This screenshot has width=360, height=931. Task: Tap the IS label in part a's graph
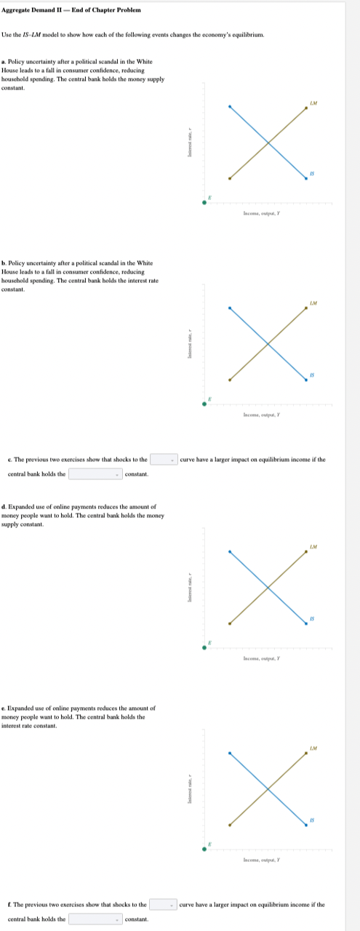[311, 172]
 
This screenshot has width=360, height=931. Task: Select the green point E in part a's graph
[204, 202]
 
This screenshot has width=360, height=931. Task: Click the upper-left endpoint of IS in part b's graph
[230, 308]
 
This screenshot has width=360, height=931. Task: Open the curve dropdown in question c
[164, 460]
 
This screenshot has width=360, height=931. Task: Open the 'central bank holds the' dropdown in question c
[95, 474]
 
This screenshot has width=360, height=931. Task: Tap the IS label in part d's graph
[311, 618]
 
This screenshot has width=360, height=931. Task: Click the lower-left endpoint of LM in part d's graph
[230, 623]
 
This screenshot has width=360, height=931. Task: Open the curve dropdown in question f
[164, 905]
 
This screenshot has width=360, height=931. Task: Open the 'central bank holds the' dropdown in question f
[95, 919]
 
